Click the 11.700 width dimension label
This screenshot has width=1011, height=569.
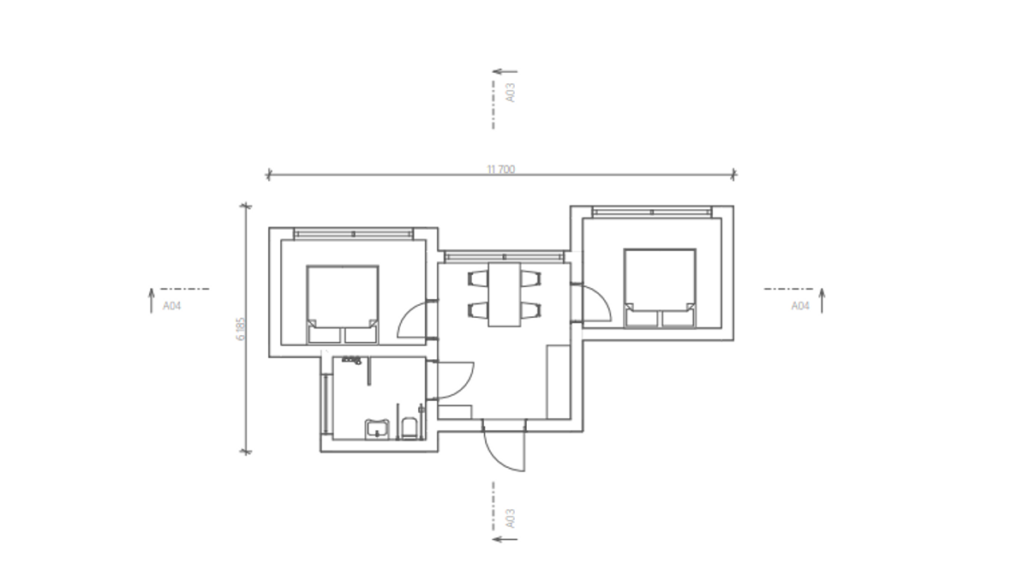tap(500, 170)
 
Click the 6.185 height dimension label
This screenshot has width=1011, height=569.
tap(241, 329)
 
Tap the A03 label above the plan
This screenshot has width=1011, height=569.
tap(511, 93)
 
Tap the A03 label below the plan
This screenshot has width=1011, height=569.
tap(511, 518)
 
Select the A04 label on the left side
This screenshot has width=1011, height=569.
tap(171, 306)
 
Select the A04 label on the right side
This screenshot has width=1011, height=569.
tap(800, 306)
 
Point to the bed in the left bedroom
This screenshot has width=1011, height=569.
tap(343, 304)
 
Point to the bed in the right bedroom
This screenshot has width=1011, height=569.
tap(660, 289)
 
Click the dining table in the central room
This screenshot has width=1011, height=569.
tap(504, 294)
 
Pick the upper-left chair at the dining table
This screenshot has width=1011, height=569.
tap(478, 279)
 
